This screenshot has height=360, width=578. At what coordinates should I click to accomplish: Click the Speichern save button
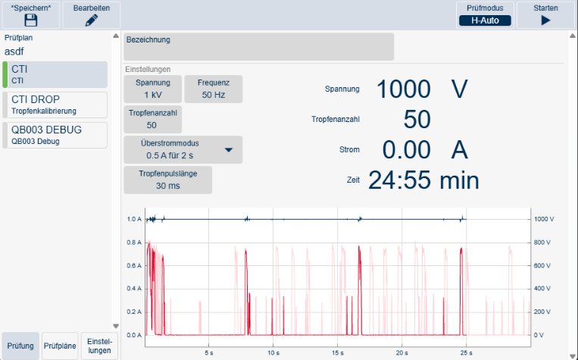tap(31, 15)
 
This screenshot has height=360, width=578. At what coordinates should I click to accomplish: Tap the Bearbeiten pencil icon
tap(92, 20)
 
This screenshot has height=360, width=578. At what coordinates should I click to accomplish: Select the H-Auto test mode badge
tap(485, 20)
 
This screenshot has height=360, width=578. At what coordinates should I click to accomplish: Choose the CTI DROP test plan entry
tap(55, 105)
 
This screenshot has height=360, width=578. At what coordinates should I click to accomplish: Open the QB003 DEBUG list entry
tap(55, 136)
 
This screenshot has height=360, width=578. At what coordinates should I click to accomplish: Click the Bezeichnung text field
tap(259, 47)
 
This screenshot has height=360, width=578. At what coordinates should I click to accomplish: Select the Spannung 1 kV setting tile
tap(152, 89)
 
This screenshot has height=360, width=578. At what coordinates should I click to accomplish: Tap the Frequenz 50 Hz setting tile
tap(214, 89)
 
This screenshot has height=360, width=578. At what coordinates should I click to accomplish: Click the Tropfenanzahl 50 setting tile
tap(152, 119)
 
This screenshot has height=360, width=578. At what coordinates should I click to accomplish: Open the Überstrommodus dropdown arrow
tap(229, 150)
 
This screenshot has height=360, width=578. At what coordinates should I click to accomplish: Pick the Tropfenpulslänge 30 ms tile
tap(167, 180)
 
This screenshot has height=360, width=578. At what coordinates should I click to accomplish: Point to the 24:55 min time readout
tap(423, 180)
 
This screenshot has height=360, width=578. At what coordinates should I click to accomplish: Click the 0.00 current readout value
tap(406, 150)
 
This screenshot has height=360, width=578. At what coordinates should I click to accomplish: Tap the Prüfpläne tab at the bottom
tap(60, 346)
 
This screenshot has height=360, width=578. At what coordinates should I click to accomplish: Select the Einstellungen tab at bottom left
tap(99, 346)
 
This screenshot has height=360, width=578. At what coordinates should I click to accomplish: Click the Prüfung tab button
tap(20, 346)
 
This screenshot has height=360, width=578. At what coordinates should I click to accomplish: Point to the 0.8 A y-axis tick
tap(134, 243)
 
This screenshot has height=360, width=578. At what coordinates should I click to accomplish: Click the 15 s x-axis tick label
tap(337, 352)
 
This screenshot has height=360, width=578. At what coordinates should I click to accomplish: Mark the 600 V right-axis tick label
tap(542, 265)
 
